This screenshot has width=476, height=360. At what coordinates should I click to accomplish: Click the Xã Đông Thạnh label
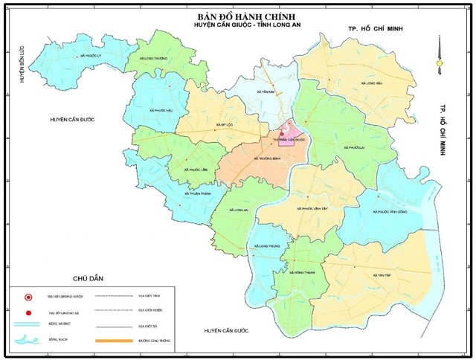pyautogui.click(x=298, y=272)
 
